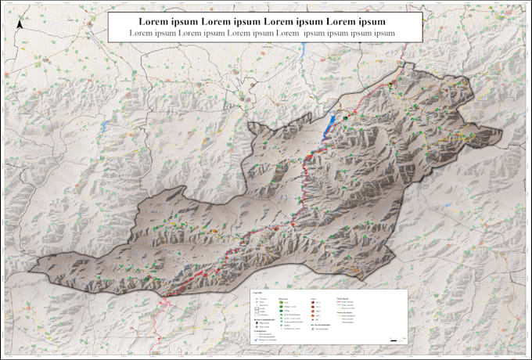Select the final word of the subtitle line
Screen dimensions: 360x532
[383, 34]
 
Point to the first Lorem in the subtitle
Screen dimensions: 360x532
[142, 34]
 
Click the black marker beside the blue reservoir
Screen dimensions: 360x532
[345, 115]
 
